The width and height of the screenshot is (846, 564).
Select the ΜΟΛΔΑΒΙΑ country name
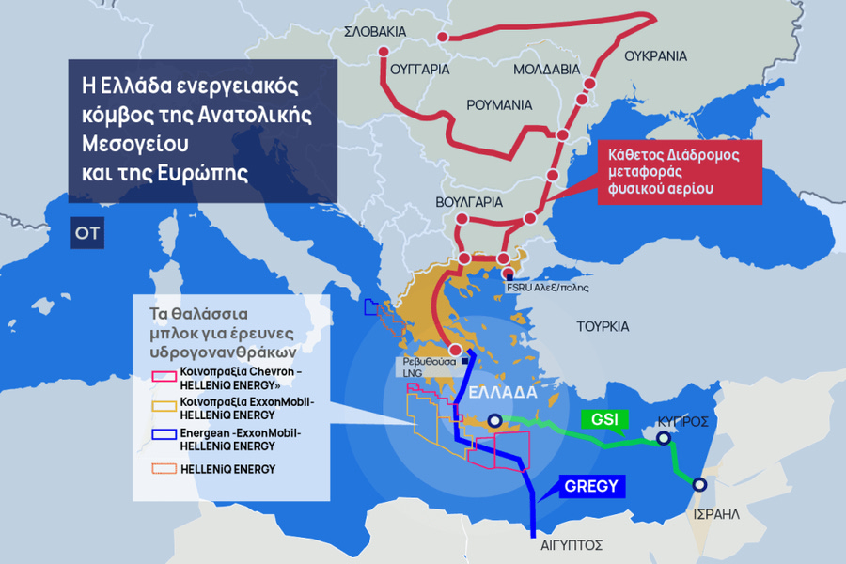[x=546, y=70]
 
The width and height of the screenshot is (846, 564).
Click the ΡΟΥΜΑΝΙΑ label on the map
[x=499, y=104]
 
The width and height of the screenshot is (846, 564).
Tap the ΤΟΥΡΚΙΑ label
[x=603, y=326]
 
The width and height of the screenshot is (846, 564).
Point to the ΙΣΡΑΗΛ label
[x=716, y=514]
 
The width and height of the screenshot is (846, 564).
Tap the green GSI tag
[x=600, y=419]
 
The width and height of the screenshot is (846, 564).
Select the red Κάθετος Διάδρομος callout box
[x=679, y=172]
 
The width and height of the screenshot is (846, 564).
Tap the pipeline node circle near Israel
[x=699, y=485]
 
